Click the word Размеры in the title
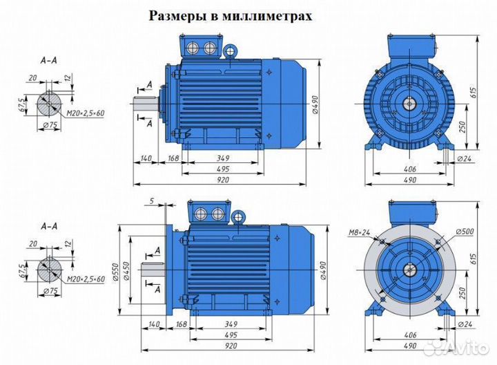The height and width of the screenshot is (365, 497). (x=177, y=16)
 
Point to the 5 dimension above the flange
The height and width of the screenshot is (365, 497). (x=150, y=201)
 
